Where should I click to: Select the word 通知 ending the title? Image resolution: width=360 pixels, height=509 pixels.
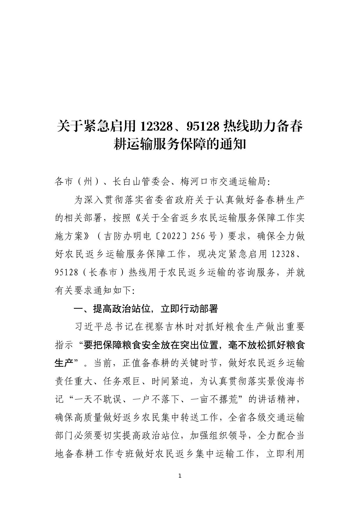point(236,144)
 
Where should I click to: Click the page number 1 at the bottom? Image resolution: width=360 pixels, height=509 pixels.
point(180,476)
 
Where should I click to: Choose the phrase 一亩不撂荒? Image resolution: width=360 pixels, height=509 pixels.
point(215,400)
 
